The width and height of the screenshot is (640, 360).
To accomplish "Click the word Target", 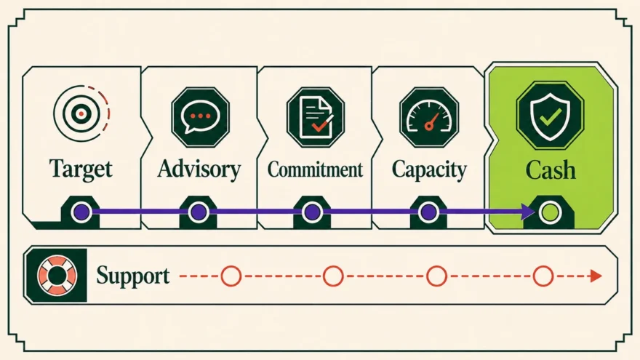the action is pyautogui.click(x=81, y=169).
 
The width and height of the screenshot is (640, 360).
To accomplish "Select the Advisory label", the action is pyautogui.click(x=199, y=169).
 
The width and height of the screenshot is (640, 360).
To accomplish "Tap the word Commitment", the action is pyautogui.click(x=315, y=169).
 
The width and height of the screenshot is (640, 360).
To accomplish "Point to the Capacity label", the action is pyautogui.click(x=429, y=169).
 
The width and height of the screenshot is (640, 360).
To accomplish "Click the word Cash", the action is pyautogui.click(x=551, y=169).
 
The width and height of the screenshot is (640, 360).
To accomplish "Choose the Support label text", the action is pyautogui.click(x=133, y=276).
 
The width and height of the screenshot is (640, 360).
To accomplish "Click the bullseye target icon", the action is pyautogui.click(x=81, y=113).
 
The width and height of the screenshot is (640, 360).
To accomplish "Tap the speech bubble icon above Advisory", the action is pyautogui.click(x=201, y=117).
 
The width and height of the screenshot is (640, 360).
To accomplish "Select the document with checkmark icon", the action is pyautogui.click(x=316, y=117).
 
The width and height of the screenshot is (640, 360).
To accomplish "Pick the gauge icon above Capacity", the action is pyautogui.click(x=429, y=117).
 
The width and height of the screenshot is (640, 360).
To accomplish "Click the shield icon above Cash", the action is pyautogui.click(x=551, y=116).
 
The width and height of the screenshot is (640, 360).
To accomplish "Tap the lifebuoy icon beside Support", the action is pyautogui.click(x=57, y=276).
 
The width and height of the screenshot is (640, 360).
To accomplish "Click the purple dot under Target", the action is pyautogui.click(x=81, y=212).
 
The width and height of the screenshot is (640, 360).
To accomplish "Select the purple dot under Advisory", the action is pyautogui.click(x=199, y=212).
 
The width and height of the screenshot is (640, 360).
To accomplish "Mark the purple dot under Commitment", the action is pyautogui.click(x=313, y=212).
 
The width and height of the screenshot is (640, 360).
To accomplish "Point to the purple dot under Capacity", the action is pyautogui.click(x=428, y=212).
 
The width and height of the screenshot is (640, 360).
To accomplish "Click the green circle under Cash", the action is pyautogui.click(x=550, y=212).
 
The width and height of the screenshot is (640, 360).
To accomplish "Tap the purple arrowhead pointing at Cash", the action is pyautogui.click(x=528, y=212).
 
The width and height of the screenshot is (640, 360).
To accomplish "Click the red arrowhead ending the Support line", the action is pyautogui.click(x=596, y=276).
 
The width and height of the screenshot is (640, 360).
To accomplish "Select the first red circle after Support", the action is pyautogui.click(x=231, y=276).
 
